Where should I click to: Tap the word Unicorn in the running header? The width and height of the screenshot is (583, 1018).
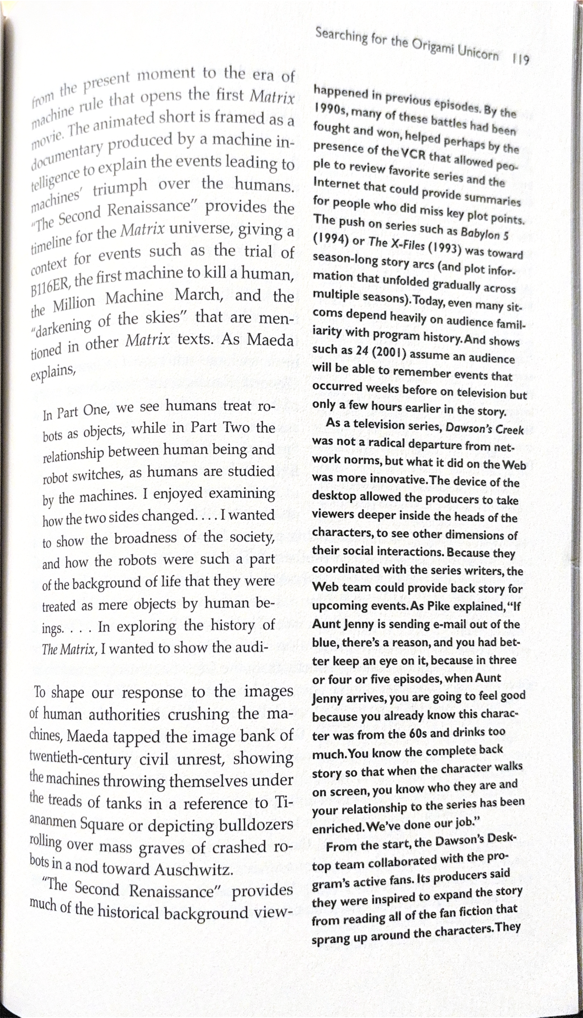(479, 53)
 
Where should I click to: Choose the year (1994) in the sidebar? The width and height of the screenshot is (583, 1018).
(329, 238)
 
